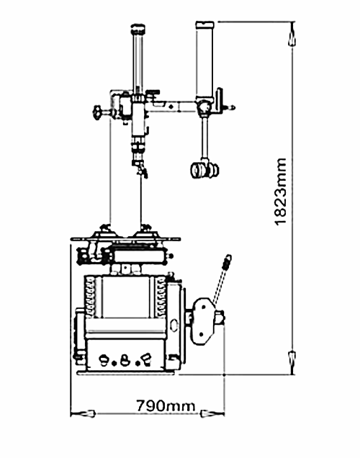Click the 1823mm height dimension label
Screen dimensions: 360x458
click(x=281, y=192)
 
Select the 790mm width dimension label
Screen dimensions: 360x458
click(x=166, y=405)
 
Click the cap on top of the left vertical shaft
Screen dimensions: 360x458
click(x=138, y=29)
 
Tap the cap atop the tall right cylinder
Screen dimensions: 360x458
click(x=205, y=24)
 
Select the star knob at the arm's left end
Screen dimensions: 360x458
click(x=97, y=112)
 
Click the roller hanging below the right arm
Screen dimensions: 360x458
click(x=204, y=170)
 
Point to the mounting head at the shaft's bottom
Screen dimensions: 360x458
click(x=140, y=169)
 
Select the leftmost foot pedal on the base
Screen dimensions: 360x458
click(x=104, y=360)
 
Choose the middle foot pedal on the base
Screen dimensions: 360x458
click(x=125, y=361)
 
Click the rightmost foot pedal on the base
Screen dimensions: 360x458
click(x=146, y=359)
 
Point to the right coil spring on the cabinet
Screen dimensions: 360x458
click(x=161, y=297)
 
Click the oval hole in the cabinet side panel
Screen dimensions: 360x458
click(x=174, y=325)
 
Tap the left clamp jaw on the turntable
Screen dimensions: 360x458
click(x=103, y=231)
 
